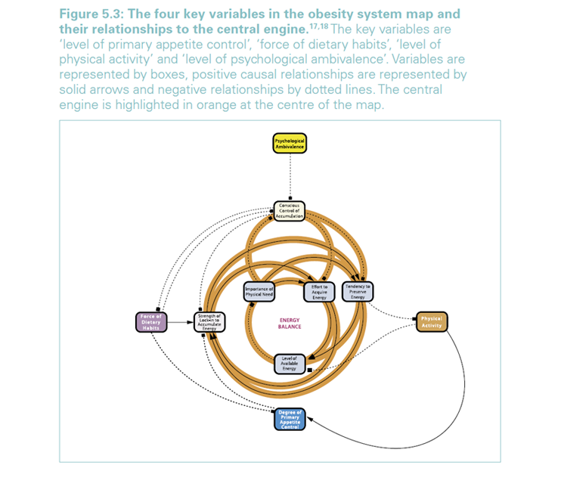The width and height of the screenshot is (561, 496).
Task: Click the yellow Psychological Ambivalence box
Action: [x=290, y=143]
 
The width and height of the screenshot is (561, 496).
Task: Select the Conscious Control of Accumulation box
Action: [x=290, y=211]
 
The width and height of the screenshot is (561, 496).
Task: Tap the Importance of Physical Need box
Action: [x=259, y=291]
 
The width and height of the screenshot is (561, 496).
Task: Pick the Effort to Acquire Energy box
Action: [x=318, y=291]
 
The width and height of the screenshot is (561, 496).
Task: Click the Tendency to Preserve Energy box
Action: [x=358, y=291]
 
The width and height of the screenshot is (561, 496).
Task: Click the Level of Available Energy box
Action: [x=289, y=364]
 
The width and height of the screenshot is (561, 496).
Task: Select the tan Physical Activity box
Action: [x=432, y=321]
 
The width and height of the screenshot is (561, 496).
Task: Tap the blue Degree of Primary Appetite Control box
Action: [x=290, y=418]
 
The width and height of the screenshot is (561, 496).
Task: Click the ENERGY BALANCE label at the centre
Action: [x=290, y=324]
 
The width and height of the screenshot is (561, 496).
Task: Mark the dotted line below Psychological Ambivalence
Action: [x=290, y=178]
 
